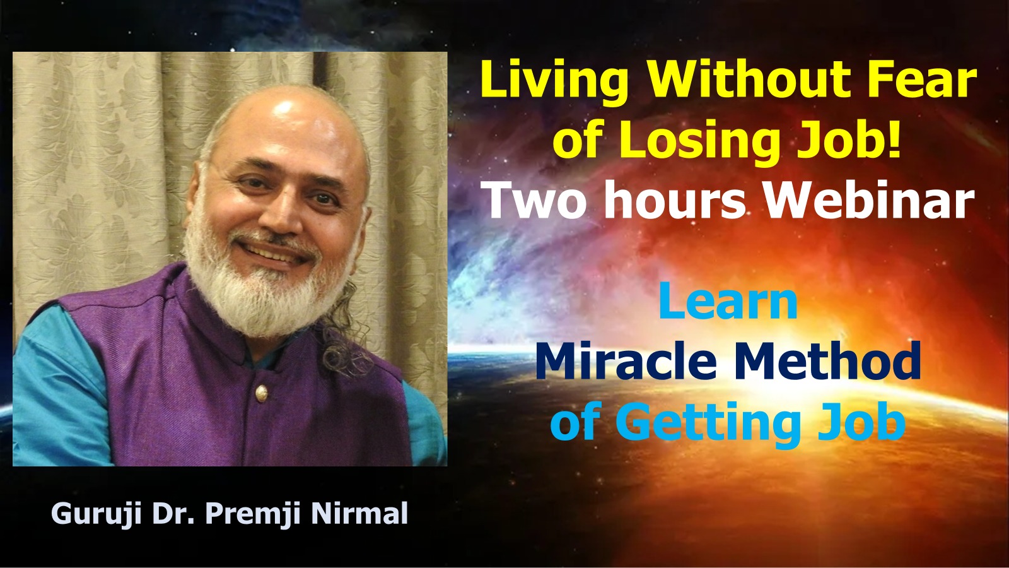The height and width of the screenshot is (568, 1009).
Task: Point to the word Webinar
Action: pos(869,201)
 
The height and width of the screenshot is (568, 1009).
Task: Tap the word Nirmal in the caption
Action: pos(359,514)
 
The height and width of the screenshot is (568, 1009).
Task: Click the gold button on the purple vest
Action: pos(260,393)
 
